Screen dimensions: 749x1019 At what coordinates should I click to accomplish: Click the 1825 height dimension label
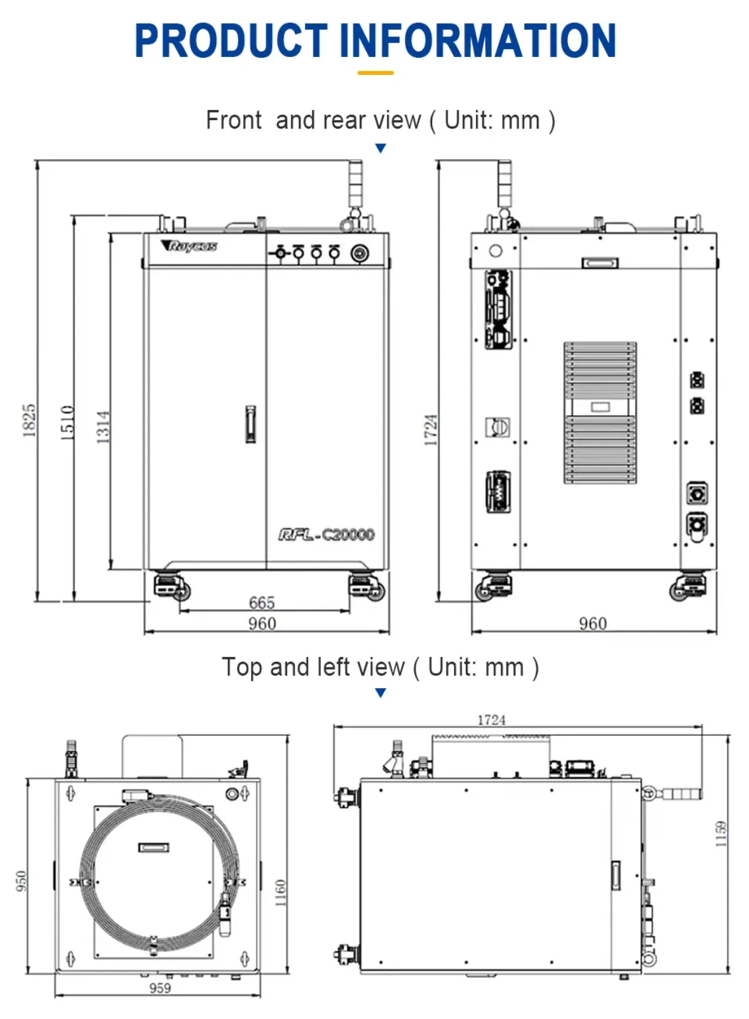(29, 420)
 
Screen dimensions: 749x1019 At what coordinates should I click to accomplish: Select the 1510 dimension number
(68, 422)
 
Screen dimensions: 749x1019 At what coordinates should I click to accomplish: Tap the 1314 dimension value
(103, 427)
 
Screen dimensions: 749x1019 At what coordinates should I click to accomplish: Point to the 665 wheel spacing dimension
(262, 602)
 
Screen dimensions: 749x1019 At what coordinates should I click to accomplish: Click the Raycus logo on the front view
(189, 246)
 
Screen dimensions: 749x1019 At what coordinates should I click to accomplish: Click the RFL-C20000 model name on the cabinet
(327, 534)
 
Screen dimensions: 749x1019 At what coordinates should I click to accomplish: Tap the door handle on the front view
(251, 424)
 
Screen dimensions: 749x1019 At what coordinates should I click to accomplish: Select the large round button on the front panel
(360, 253)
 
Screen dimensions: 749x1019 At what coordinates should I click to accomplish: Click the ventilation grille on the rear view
(600, 412)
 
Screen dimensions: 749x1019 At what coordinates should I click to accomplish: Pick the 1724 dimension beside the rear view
(431, 430)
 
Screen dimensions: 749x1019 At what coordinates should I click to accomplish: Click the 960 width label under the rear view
(593, 623)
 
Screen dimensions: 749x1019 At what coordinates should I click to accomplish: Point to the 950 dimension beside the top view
(21, 881)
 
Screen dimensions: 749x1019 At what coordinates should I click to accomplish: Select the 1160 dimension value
(280, 893)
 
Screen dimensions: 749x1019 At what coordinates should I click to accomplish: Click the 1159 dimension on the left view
(720, 834)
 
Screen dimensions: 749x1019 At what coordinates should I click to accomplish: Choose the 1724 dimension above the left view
(491, 720)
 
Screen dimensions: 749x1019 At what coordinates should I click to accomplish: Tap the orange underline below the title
(375, 73)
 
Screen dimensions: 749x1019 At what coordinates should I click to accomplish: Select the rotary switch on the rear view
(498, 427)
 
